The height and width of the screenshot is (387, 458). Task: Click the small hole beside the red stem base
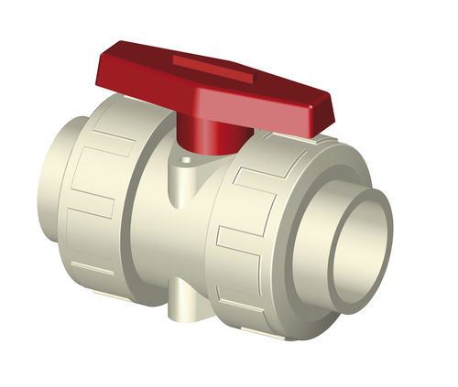click(187, 160)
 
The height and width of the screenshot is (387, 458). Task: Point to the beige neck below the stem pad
click(183, 188)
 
